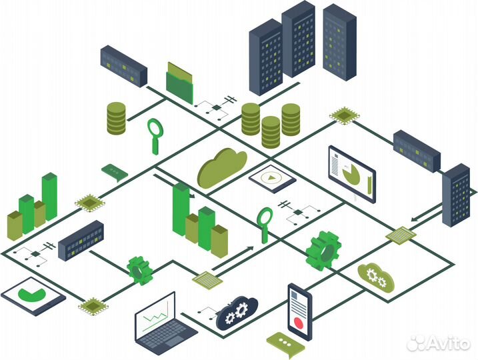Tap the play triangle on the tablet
(x=271, y=177)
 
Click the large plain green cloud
(x=222, y=168)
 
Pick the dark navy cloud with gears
(x=237, y=313)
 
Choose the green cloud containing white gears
(x=376, y=277)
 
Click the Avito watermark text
(x=438, y=343)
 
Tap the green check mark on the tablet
(x=32, y=294)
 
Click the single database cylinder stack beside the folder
(x=116, y=118)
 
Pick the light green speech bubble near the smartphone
(x=285, y=345)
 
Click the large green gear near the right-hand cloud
(x=323, y=251)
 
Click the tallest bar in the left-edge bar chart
(x=49, y=197)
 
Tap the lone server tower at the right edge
(x=456, y=195)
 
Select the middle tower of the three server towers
(x=299, y=39)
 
